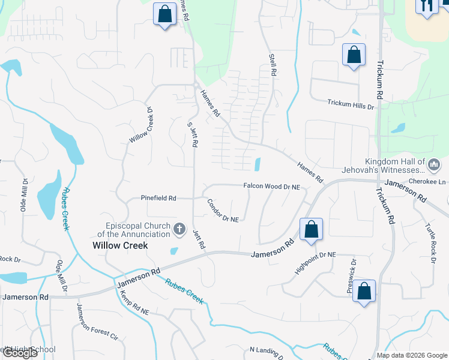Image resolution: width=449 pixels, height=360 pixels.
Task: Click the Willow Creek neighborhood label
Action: (x=120, y=245)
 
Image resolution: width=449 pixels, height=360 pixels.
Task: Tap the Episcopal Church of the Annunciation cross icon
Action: (x=179, y=228)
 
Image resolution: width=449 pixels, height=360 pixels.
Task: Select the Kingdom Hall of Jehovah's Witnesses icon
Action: (x=435, y=164)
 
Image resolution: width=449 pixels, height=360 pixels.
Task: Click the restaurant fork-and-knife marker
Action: (x=427, y=7)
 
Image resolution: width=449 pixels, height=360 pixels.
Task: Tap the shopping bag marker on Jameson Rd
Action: (x=311, y=230)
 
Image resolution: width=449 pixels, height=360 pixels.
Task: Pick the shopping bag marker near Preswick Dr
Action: (x=364, y=292)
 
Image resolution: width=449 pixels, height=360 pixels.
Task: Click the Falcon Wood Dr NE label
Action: (x=271, y=187)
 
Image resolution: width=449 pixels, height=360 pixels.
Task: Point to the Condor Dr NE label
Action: (x=223, y=211)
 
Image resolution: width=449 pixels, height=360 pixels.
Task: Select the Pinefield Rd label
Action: (x=158, y=197)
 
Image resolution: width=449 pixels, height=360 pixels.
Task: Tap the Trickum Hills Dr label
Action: (x=351, y=104)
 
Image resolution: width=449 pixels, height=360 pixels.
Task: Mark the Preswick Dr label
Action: (x=352, y=276)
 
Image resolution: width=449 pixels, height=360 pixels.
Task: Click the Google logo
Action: (x=19, y=353)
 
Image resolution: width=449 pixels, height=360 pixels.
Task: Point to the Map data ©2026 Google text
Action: (x=412, y=355)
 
